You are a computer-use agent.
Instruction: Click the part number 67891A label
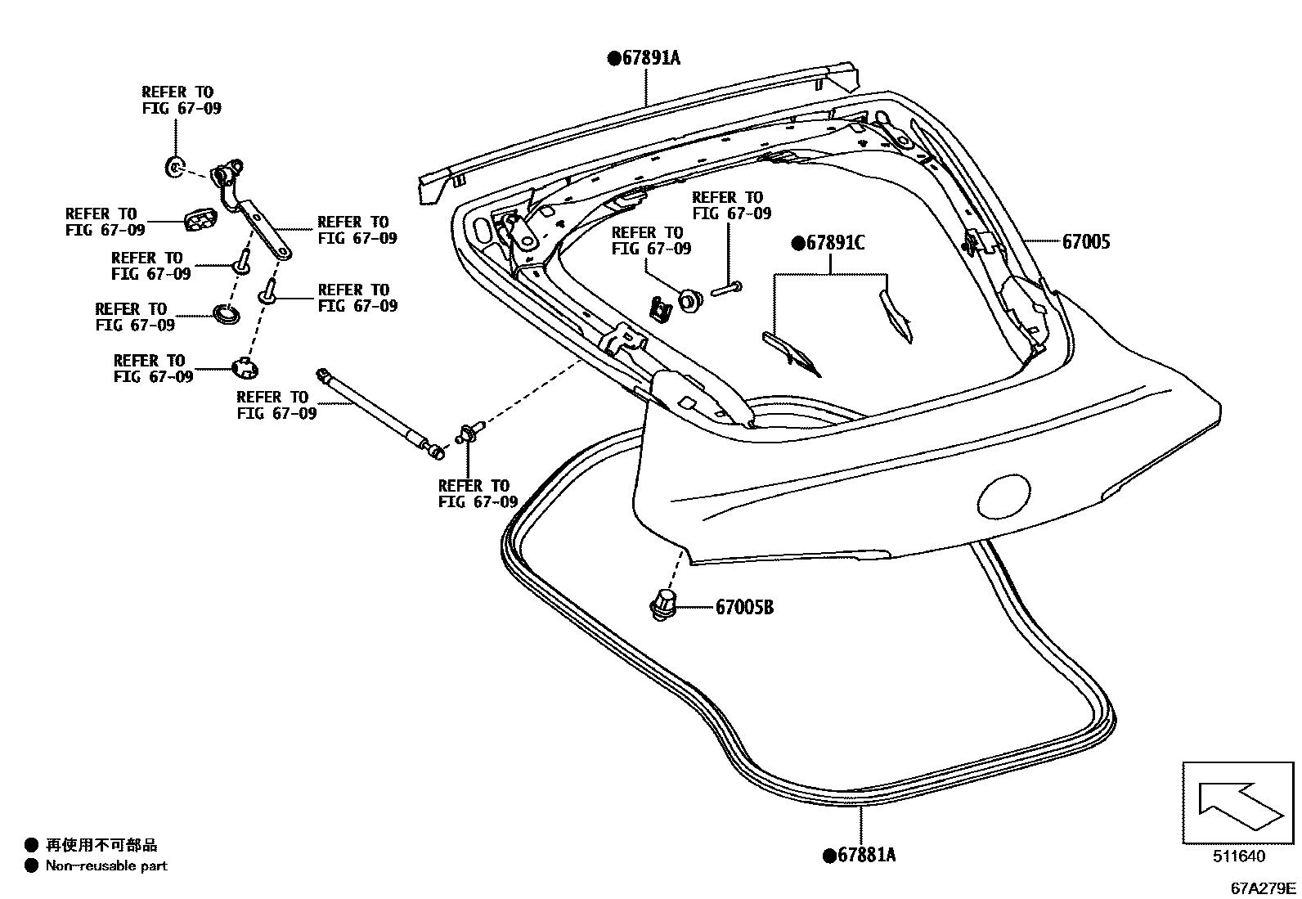point(650,58)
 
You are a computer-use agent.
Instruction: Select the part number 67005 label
point(1086,242)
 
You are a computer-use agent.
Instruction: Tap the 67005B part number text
point(744,607)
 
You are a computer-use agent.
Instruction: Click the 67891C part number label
point(834,243)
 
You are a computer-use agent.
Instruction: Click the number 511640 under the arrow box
point(1238,856)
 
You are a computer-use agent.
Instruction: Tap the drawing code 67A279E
point(1264,887)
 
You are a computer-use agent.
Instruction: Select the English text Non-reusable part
point(106,865)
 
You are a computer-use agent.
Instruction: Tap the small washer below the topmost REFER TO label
point(174,168)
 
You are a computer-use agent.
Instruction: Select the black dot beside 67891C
point(797,243)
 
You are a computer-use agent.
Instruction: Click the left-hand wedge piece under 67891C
point(791,349)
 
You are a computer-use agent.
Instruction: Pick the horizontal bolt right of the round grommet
point(727,287)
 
